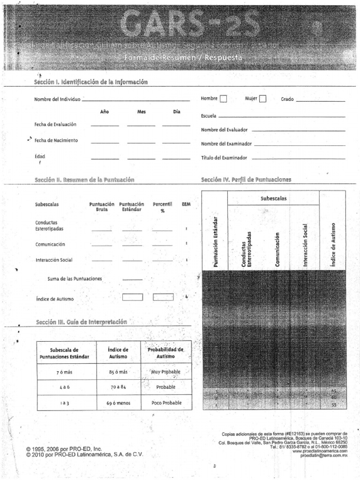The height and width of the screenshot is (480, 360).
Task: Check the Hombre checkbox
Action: [223, 98]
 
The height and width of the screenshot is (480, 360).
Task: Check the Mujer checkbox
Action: [263, 98]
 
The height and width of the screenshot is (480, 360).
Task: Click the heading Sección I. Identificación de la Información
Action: [90, 82]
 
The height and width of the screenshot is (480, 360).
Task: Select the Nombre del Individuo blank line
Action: [135, 100]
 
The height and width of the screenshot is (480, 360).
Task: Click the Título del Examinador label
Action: [224, 158]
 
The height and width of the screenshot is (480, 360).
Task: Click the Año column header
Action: [105, 112]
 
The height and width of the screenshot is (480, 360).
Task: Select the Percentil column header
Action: [162, 207]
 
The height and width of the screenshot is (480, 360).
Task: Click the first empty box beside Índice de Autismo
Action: [132, 297]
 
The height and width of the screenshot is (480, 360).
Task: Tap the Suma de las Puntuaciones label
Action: [75, 278]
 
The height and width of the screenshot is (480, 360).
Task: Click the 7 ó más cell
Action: [65, 372]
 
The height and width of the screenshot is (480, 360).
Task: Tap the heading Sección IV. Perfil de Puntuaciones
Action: [246, 180]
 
